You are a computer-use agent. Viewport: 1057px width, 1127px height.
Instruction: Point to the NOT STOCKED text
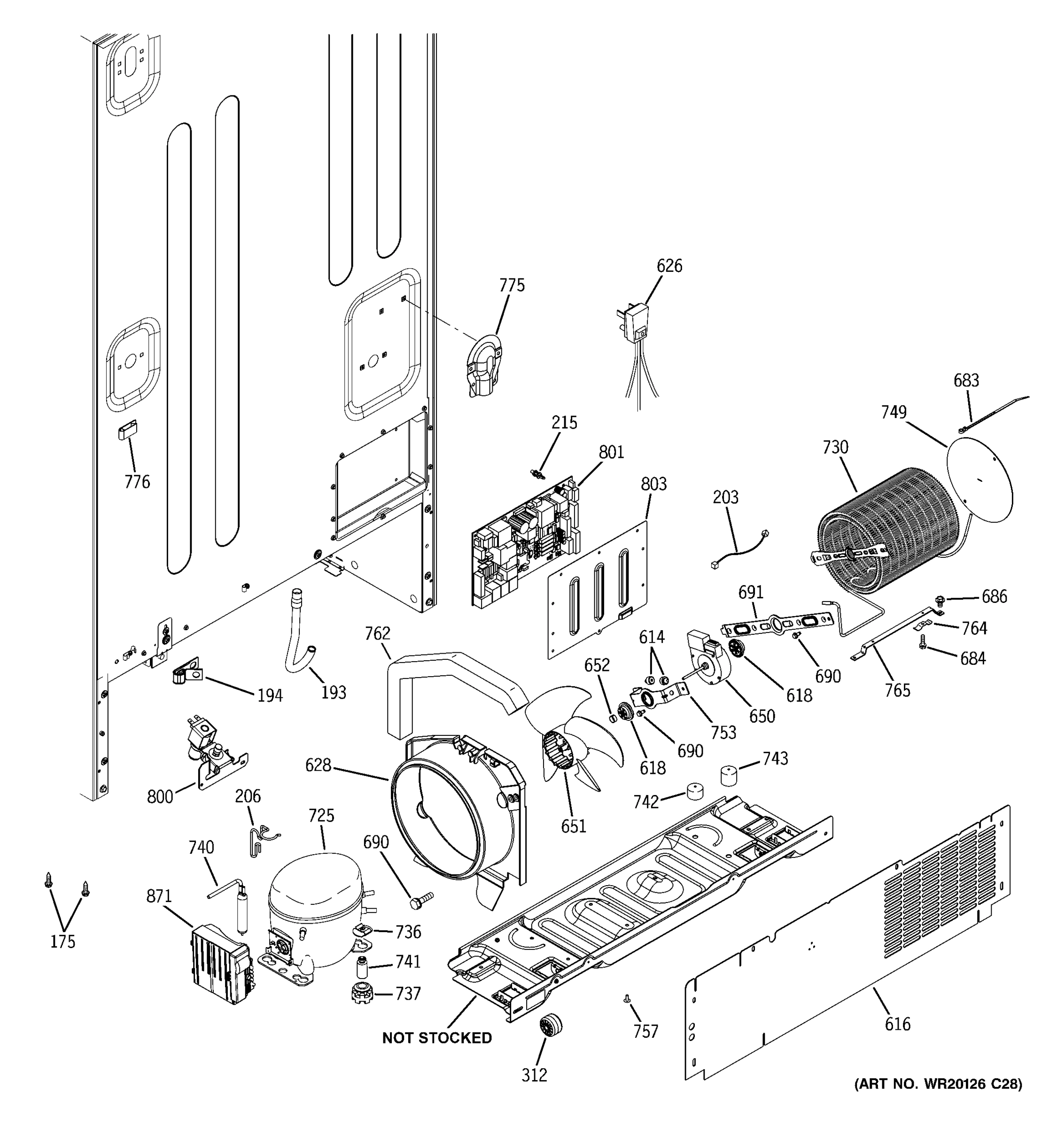436,1038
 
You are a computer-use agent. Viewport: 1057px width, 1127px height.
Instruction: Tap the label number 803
653,484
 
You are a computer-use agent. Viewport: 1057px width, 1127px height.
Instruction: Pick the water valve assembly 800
213,751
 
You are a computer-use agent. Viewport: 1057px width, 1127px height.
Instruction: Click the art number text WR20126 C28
939,1084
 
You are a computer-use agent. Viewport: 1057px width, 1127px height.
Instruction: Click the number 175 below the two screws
62,942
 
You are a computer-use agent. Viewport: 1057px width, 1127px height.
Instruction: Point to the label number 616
897,1024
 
